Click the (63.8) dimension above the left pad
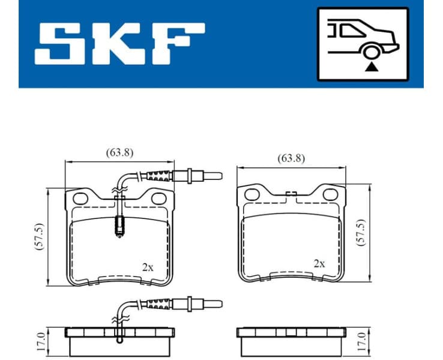119,152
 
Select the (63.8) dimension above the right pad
291,159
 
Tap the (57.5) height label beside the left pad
40,238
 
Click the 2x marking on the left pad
147,267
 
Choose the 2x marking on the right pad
319,263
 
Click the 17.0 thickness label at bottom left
40,341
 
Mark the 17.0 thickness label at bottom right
360,341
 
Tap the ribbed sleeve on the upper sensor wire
159,176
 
